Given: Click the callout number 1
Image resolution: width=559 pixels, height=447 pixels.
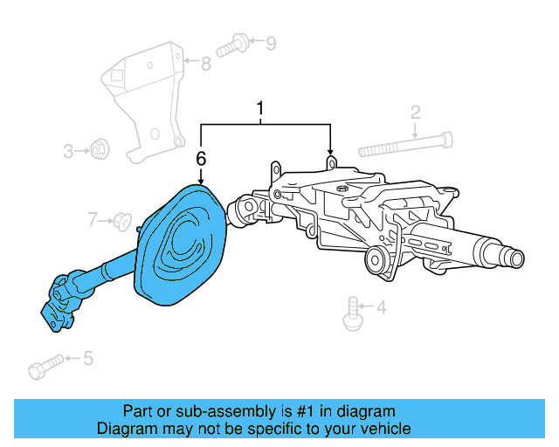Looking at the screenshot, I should pyautogui.click(x=260, y=109).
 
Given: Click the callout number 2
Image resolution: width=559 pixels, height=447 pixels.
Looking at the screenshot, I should pyautogui.click(x=416, y=112).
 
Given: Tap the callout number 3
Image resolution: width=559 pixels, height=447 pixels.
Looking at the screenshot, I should pyautogui.click(x=68, y=152).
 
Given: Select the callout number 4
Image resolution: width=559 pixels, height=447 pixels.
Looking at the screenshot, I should pyautogui.click(x=381, y=307).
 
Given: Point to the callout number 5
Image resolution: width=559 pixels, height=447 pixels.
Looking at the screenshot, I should pyautogui.click(x=87, y=358).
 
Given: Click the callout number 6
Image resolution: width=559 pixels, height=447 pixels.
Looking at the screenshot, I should pyautogui.click(x=201, y=159).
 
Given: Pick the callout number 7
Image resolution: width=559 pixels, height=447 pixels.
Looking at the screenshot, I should pyautogui.click(x=93, y=218).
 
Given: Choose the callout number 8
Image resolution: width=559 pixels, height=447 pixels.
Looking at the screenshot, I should pyautogui.click(x=206, y=63).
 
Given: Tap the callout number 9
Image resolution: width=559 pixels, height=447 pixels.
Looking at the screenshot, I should pyautogui.click(x=270, y=42).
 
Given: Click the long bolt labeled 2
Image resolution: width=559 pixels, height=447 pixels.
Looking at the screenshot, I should pyautogui.click(x=406, y=141).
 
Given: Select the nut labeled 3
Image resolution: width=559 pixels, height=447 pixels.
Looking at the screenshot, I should pyautogui.click(x=100, y=150).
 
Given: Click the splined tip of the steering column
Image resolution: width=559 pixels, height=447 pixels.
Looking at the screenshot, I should pyautogui.click(x=511, y=258).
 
